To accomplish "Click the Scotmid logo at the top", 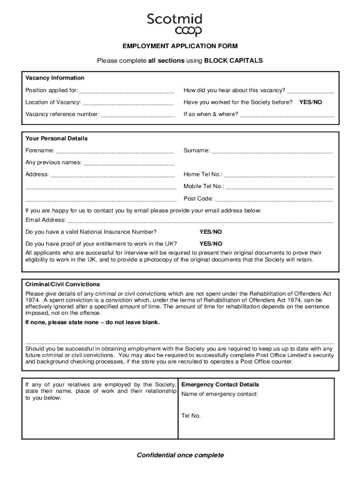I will pyautogui.click(x=175, y=25).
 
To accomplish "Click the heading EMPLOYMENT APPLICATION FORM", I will pyautogui.click(x=180, y=46).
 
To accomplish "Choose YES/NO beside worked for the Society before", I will pyautogui.click(x=310, y=102).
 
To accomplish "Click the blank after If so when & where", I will pyautogui.click(x=287, y=115).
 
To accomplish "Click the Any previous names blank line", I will pyautogui.click(x=129, y=163).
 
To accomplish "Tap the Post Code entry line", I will pyautogui.click(x=274, y=199).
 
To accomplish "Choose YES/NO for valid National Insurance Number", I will pyautogui.click(x=211, y=232).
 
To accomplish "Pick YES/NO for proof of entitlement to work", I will pyautogui.click(x=211, y=244).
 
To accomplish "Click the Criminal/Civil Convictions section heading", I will pyautogui.click(x=63, y=284).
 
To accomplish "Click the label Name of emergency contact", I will pyautogui.click(x=220, y=394).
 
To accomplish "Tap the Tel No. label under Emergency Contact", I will pyautogui.click(x=191, y=415).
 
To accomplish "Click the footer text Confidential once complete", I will pyautogui.click(x=180, y=455).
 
